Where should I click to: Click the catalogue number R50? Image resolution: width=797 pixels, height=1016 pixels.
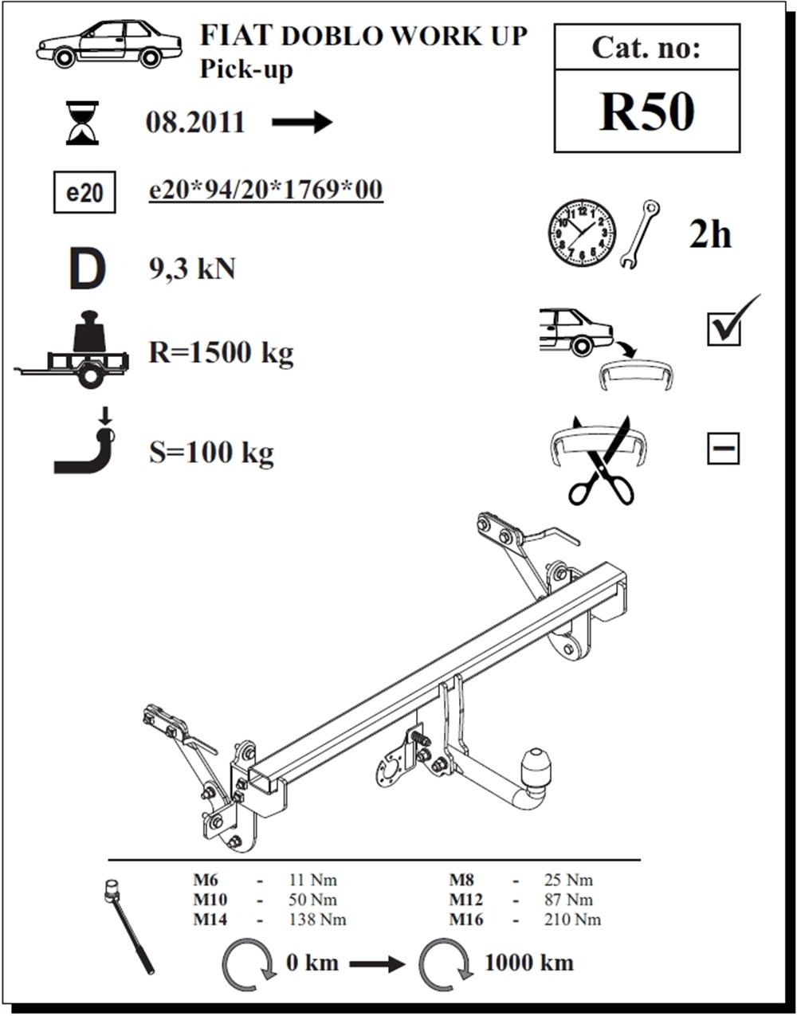[646, 112]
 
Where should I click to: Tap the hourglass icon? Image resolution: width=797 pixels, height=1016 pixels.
[82, 122]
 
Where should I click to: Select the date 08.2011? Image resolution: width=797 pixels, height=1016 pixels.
[195, 123]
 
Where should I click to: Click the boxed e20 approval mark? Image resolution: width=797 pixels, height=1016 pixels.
[84, 193]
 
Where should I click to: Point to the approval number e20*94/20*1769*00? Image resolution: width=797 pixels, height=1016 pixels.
[266, 190]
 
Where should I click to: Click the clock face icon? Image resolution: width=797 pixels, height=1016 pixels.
[582, 233]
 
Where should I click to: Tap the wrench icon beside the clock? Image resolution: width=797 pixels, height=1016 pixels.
[639, 233]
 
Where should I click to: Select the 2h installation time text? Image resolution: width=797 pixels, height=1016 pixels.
[710, 235]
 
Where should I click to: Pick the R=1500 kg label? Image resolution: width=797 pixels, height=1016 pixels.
[221, 352]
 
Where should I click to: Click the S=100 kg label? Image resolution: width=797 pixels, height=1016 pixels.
[211, 453]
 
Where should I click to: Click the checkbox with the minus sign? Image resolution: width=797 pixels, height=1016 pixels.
[724, 448]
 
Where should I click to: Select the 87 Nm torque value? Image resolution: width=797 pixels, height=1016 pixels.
[568, 899]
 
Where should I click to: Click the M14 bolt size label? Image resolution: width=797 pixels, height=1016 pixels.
[210, 920]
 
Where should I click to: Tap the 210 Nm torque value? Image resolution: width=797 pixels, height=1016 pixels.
[572, 920]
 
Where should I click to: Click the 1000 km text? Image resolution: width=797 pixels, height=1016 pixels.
[529, 963]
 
